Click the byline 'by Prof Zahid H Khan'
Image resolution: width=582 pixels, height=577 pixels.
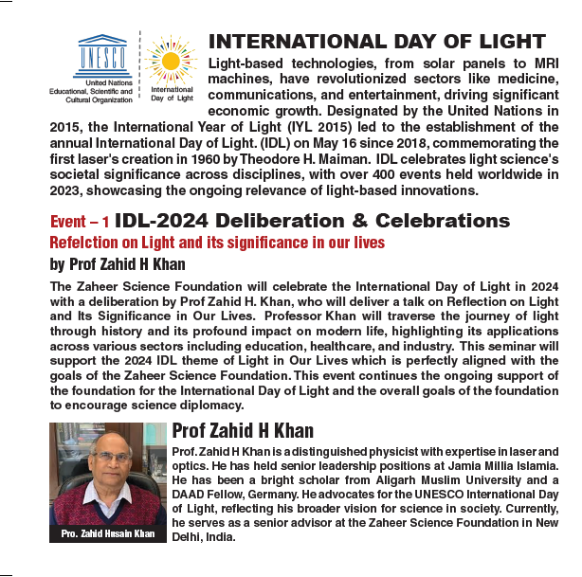[x=117, y=264]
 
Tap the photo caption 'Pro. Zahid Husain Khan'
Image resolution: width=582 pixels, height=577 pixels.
[x=107, y=534]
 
